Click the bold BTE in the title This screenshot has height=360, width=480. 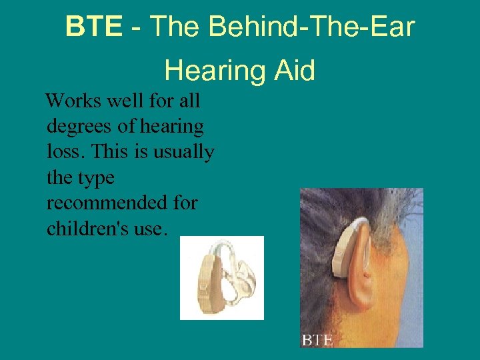click(x=93, y=27)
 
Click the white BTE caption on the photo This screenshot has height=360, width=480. click(x=317, y=339)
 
